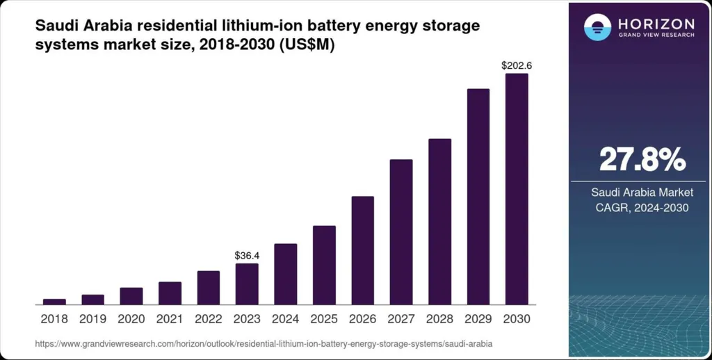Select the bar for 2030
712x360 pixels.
pyautogui.click(x=517, y=189)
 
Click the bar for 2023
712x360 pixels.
pyautogui.click(x=247, y=284)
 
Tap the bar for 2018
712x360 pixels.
pyautogui.click(x=54, y=302)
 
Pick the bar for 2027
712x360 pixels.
pyautogui.click(x=401, y=231)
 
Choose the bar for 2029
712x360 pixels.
pyautogui.click(x=478, y=197)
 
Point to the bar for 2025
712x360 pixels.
pyautogui.click(x=324, y=265)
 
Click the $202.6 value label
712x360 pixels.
pyautogui.click(x=517, y=65)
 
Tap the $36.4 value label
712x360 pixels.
pyautogui.click(x=247, y=256)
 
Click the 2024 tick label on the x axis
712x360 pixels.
pyautogui.click(x=285, y=319)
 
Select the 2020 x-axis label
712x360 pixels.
pyautogui.click(x=131, y=319)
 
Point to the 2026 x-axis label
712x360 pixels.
pyautogui.click(x=362, y=319)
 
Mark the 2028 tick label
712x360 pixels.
pyautogui.click(x=439, y=319)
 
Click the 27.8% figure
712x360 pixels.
pyautogui.click(x=642, y=160)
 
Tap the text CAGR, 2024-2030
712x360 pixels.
pyautogui.click(x=642, y=208)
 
